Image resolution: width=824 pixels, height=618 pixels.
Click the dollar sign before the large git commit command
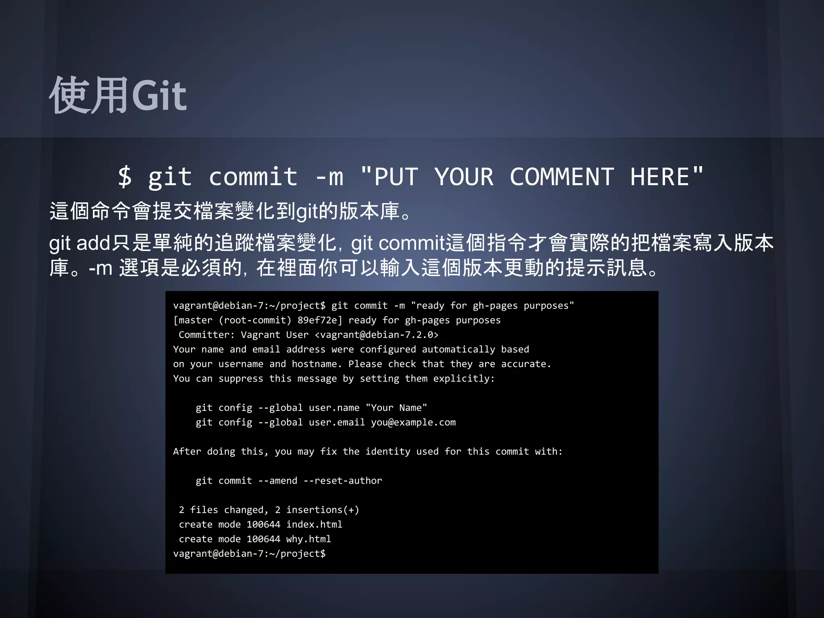coord(125,177)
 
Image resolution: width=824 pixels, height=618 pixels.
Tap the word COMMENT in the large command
coord(562,177)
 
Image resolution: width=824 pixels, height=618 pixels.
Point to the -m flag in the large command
coord(329,177)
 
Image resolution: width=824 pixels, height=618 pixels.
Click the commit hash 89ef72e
coord(320,320)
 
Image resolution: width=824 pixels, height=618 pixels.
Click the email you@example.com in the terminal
coord(413,422)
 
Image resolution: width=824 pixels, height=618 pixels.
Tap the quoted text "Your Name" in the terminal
coord(396,408)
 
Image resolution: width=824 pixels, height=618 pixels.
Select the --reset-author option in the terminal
coord(343,481)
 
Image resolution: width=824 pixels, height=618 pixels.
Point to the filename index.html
coord(314,525)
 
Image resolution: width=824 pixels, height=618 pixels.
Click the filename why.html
coord(309,539)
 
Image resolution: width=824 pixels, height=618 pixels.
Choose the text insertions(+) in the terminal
coord(323,510)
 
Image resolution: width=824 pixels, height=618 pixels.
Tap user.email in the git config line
coord(337,422)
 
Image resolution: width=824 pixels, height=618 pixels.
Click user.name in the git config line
coord(334,408)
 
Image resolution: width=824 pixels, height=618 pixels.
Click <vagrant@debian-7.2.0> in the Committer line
coord(377,335)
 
